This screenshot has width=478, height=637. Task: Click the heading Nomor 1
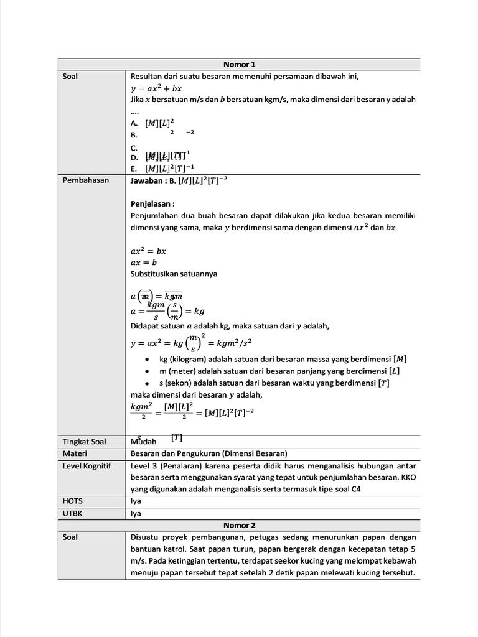[240, 64]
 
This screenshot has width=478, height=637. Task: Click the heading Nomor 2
[240, 525]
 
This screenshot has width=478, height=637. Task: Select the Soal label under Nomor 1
[71, 77]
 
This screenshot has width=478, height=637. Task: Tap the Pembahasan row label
[86, 180]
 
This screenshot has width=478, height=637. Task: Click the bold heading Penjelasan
[152, 203]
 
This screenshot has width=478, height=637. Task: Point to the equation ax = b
[144, 263]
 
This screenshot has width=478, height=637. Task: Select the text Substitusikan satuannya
[174, 274]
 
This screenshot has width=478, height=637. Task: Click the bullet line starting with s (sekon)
[274, 383]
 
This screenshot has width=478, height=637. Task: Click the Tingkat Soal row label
[85, 442]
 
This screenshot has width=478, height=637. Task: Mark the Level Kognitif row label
[87, 465]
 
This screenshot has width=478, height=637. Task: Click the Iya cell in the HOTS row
[136, 501]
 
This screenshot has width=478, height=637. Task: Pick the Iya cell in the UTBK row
[136, 513]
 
